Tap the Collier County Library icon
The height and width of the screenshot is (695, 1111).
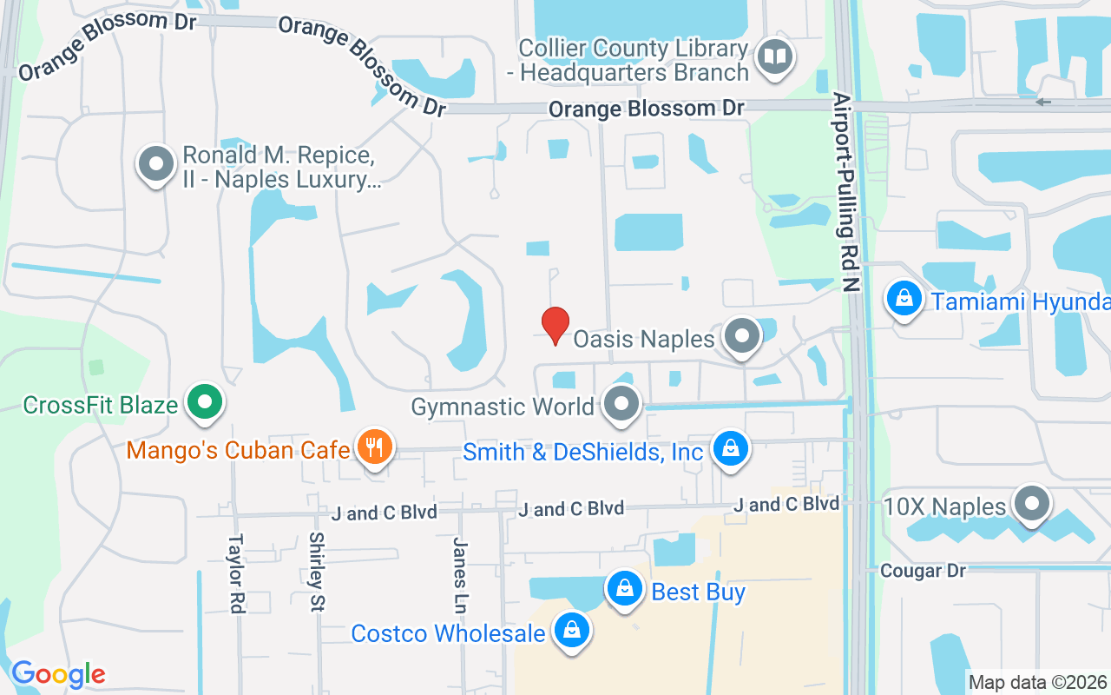[772, 57]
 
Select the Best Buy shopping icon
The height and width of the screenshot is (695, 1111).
[624, 590]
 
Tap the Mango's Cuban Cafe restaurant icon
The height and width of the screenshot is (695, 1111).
[375, 447]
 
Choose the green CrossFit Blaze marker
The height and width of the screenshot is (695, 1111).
[205, 403]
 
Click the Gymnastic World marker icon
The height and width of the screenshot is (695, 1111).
[621, 404]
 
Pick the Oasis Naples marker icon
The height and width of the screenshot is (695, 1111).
[742, 336]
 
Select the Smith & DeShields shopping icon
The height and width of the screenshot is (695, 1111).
[731, 449]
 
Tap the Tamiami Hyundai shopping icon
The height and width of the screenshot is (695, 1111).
[904, 300]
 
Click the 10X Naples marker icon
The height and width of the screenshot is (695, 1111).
[1032, 504]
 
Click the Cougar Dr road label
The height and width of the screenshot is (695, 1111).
[923, 571]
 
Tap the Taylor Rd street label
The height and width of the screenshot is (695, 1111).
[235, 573]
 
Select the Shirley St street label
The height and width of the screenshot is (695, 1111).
[316, 573]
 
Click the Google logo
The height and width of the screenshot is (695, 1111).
[58, 674]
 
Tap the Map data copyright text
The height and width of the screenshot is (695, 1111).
[1038, 682]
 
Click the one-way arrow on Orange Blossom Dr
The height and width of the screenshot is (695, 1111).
[1043, 102]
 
